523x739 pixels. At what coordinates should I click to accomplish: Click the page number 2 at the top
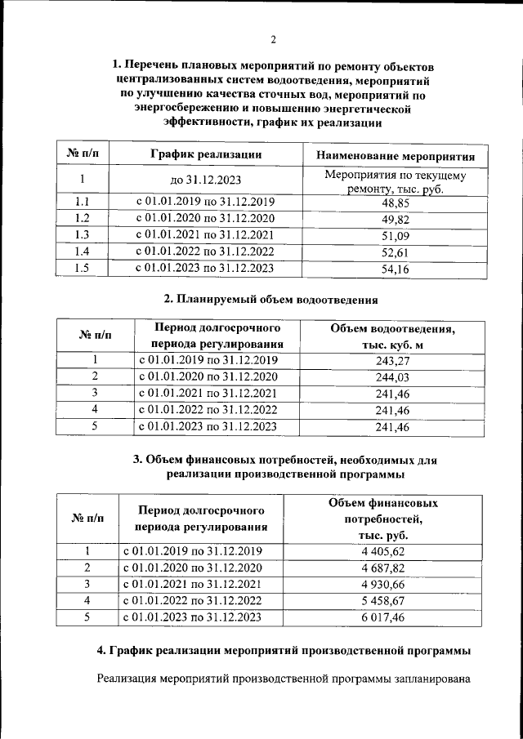(x=274, y=38)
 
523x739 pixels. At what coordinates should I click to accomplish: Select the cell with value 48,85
(x=396, y=203)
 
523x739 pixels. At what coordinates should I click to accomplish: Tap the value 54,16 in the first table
(x=396, y=269)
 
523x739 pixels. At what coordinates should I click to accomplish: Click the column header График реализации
(x=206, y=154)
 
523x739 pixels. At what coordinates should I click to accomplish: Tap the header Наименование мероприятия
(x=396, y=155)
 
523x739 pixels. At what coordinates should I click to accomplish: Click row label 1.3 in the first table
(x=82, y=235)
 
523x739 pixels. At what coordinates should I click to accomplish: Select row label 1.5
(x=82, y=268)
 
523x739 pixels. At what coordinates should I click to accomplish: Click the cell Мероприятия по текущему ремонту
(x=396, y=181)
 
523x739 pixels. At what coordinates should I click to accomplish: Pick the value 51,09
(x=396, y=236)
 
